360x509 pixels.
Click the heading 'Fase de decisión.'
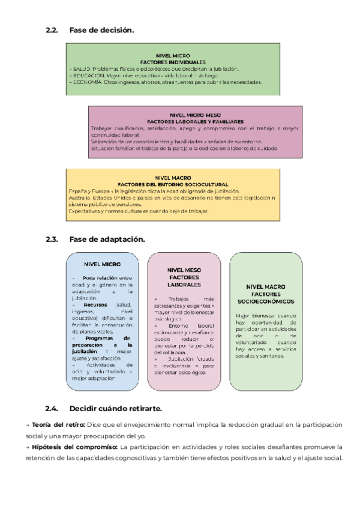pos(101,30)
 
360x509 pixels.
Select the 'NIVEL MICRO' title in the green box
pos(173,55)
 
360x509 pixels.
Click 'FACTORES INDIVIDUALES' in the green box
pos(173,62)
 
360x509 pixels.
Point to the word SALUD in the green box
pos(81,69)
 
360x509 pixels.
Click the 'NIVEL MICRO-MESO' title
pos(195,114)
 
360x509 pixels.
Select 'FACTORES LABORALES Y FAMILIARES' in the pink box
pos(195,121)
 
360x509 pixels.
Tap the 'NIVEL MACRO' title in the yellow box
pos(172,177)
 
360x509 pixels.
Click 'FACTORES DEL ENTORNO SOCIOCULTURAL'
pos(172,184)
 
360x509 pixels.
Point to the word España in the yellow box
pos(77,191)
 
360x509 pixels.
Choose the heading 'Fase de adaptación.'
pos(107,239)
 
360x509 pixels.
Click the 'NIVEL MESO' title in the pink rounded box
pos(184,270)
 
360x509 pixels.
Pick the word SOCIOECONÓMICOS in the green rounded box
pos(265,301)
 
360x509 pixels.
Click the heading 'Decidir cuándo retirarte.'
pos(115,409)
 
